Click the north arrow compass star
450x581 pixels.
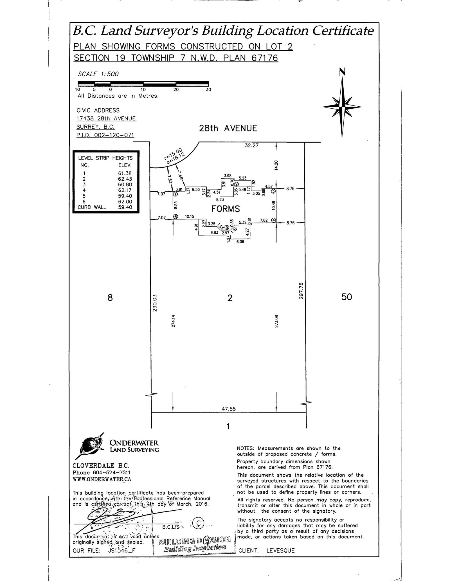pos(342,106)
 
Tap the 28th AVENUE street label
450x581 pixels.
pos(228,129)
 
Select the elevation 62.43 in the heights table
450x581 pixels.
pos(125,179)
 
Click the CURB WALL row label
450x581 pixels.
pos(92,207)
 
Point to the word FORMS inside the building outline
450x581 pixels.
pos(226,209)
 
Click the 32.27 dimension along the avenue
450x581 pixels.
pos(251,146)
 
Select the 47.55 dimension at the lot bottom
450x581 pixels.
pos(228,409)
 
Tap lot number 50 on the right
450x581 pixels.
pos(346,297)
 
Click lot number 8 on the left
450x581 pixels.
pos(110,297)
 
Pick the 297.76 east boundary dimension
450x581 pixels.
pos(301,291)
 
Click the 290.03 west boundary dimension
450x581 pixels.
pos(154,303)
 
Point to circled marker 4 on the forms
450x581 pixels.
pos(273,220)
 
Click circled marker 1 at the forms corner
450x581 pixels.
pos(175,194)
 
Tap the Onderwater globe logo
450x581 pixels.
pos(89,445)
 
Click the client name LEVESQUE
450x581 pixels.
pos(280,551)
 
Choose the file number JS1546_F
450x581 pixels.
pos(121,551)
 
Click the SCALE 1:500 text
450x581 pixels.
pos(98,74)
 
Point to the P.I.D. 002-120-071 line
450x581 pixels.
pos(105,135)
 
